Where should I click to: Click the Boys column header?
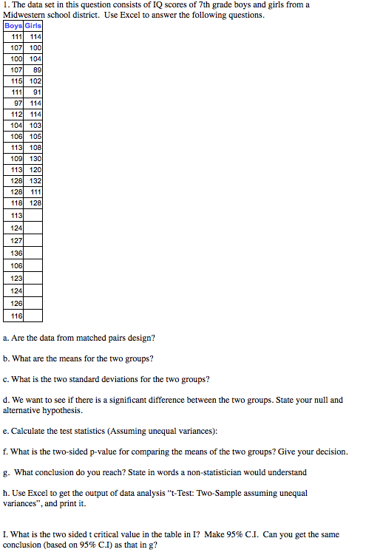13,26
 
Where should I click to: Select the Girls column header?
33,26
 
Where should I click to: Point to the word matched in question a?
87,338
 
